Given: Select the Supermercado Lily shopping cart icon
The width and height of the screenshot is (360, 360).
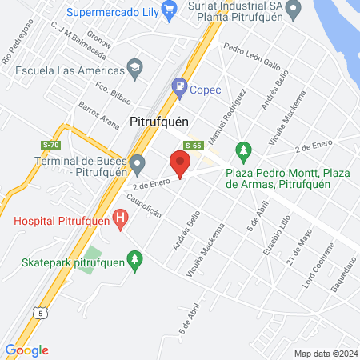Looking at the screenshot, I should pyautogui.click(x=169, y=10).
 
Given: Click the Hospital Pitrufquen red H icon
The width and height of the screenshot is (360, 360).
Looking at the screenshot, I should pyautogui.click(x=120, y=217).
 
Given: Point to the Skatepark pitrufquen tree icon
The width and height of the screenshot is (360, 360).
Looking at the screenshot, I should pyautogui.click(x=136, y=258).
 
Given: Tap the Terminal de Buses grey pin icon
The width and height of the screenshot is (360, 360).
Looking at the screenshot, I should pyautogui.click(x=138, y=166).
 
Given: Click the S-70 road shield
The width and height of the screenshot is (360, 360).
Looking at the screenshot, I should pyautogui.click(x=51, y=145).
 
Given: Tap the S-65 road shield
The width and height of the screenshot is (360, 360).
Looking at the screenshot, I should pyautogui.click(x=192, y=146).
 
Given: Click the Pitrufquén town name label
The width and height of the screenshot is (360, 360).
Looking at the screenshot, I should pyautogui.click(x=158, y=122).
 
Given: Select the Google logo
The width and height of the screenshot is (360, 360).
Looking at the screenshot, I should pyautogui.click(x=27, y=350).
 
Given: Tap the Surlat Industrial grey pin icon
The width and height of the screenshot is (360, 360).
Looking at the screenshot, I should pyautogui.click(x=294, y=10).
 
